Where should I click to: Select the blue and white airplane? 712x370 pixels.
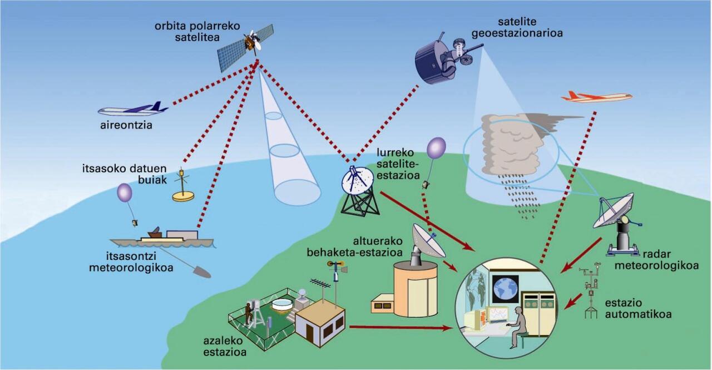point(133,109)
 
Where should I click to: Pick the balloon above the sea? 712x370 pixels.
point(125,193)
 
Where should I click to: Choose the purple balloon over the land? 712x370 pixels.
point(436,149)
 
